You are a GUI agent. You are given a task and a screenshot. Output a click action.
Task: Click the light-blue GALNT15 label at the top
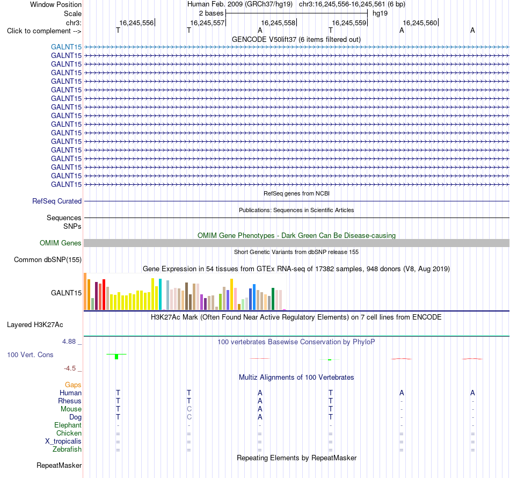tap(66, 47)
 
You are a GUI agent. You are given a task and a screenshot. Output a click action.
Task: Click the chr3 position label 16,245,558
tap(278, 23)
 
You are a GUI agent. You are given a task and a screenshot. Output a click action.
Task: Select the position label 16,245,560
tap(420, 23)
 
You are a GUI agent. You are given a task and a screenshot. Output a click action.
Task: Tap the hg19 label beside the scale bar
tap(380, 13)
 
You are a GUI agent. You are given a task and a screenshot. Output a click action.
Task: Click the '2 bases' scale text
tap(211, 13)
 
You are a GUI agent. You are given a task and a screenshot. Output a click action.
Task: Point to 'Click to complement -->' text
tap(44, 31)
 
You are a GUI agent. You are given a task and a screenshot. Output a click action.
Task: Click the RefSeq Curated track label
tap(57, 201)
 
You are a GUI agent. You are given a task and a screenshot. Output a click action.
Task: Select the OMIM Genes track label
tap(61, 243)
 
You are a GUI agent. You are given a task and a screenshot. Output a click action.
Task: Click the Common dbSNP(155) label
tap(47, 259)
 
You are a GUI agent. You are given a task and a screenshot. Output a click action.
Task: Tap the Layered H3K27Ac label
tap(35, 325)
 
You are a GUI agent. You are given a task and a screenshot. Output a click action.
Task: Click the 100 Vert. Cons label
tap(30, 354)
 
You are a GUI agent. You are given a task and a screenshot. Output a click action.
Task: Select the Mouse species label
tap(71, 409)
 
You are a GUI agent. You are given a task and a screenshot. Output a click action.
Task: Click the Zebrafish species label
tap(67, 450)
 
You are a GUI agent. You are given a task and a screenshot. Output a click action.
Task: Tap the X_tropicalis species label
tap(63, 441)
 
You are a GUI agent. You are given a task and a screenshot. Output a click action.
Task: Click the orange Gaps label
tap(73, 385)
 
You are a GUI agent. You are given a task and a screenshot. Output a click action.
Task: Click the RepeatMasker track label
tap(59, 466)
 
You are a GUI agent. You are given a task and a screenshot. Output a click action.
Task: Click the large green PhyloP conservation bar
tap(116, 357)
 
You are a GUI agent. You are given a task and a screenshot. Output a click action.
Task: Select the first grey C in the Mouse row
tap(189, 409)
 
